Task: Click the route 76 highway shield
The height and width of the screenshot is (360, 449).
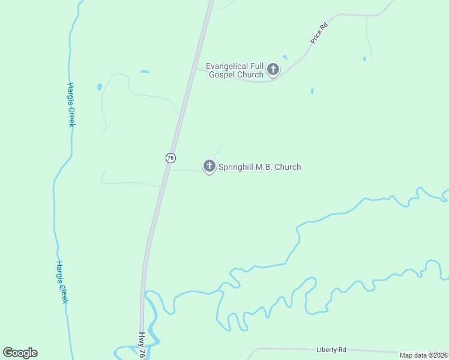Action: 170,157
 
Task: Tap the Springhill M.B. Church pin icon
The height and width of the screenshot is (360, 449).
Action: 209,166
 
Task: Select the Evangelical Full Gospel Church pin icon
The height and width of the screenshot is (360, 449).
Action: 273,70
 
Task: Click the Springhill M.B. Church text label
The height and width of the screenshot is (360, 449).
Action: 259,167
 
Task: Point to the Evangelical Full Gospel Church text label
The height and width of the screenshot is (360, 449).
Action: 235,70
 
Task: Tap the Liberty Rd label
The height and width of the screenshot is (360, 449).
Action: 331,350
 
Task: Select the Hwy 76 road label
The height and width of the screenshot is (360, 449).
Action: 142,345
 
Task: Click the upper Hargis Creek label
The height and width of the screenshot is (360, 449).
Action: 71,104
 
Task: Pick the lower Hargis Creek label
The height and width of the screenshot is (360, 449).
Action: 61,281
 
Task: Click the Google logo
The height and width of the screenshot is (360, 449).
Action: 20,353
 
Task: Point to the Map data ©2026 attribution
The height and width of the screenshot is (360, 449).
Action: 424,355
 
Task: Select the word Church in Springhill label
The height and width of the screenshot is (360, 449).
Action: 287,167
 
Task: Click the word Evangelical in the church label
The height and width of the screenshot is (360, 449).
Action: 231,66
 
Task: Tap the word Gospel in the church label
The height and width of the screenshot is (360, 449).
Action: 222,75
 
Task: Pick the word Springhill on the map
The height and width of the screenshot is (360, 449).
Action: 238,167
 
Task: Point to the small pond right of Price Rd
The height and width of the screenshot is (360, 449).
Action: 364,59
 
